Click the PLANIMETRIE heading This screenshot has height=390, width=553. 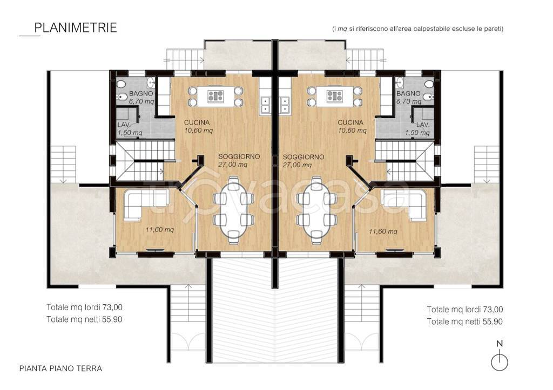76,28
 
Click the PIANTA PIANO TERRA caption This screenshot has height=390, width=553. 60,368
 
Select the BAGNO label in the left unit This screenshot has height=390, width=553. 141,93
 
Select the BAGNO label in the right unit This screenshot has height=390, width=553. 408,93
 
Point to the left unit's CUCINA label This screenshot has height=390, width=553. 197,122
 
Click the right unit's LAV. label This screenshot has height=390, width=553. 422,125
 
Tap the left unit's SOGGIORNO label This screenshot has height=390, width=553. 239,156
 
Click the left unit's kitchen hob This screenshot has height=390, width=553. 215,96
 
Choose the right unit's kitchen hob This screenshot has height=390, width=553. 335,96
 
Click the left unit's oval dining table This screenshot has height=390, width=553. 233,210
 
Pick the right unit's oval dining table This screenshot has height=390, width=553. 317,210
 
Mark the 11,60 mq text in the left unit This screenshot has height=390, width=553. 160,230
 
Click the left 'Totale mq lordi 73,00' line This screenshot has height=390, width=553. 85,307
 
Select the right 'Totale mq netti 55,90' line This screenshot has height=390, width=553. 465,321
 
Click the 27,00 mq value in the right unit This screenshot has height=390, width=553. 297,165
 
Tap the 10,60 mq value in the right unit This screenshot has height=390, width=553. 352,131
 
